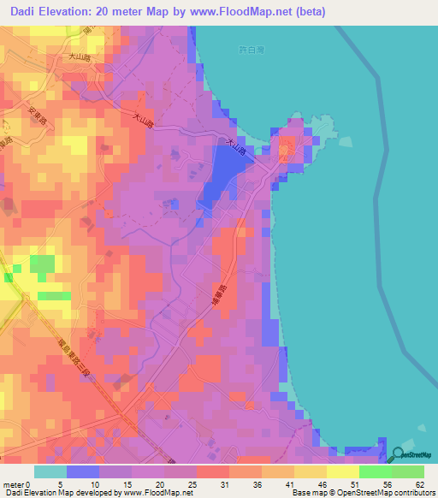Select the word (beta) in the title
tap(309, 11)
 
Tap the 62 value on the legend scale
tap(418, 483)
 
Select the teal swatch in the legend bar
tap(50, 471)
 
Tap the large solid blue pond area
tap(220, 171)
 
